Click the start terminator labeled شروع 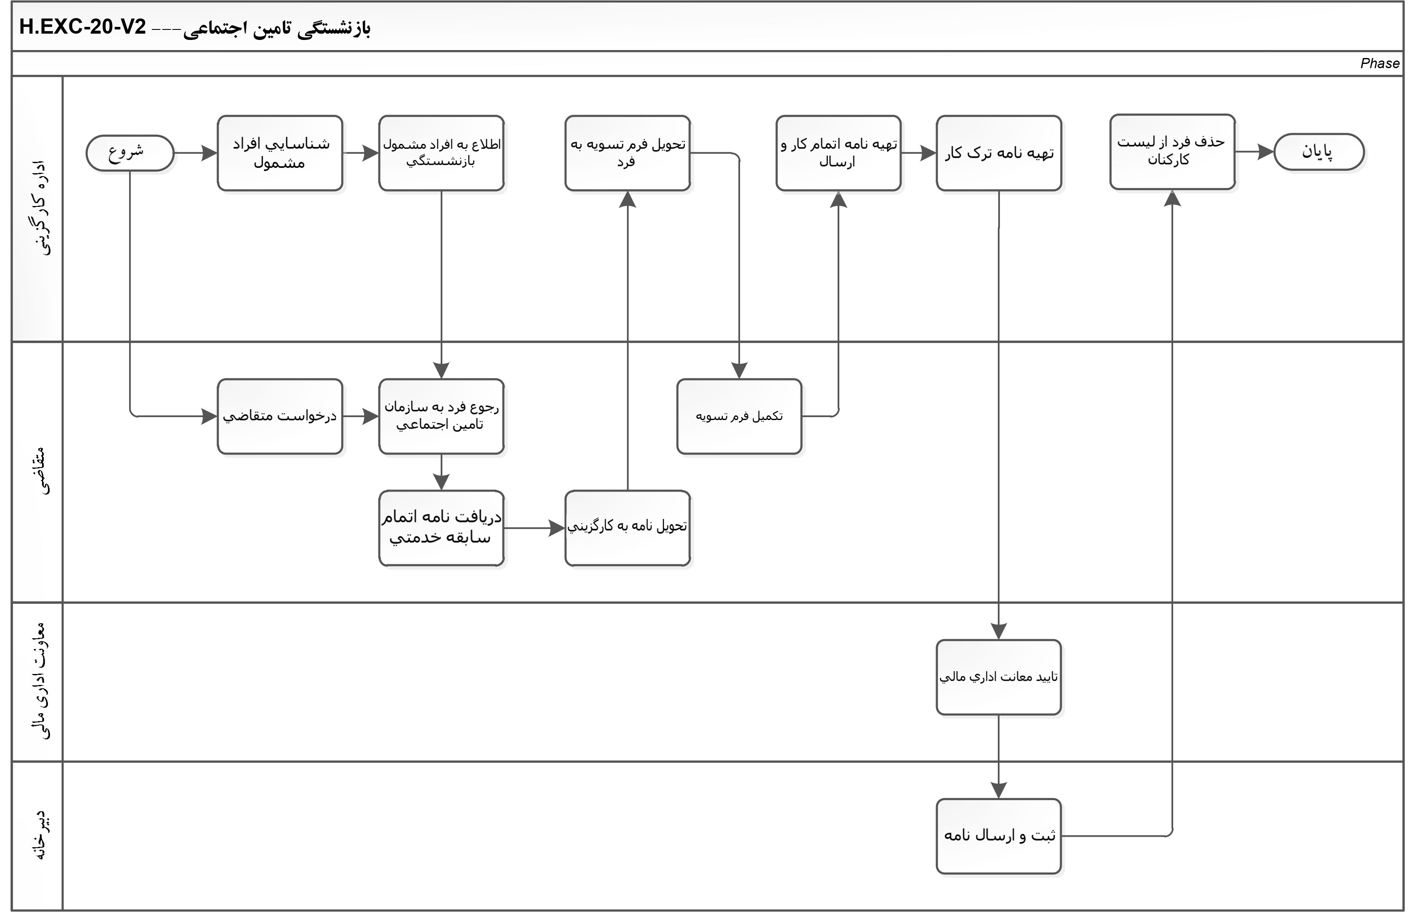[x=130, y=153]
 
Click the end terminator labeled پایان [x=1318, y=152]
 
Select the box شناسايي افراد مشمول [x=280, y=153]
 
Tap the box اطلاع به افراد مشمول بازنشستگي [x=441, y=153]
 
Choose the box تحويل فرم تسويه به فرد [x=627, y=153]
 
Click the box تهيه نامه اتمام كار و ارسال [x=838, y=153]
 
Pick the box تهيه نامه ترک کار [x=999, y=153]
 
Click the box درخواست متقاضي [x=280, y=416]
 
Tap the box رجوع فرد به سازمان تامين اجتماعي [x=441, y=416]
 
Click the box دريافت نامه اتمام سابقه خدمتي [x=441, y=528]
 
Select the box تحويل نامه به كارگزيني [x=627, y=528]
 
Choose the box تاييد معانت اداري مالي [x=999, y=677]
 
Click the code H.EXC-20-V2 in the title [x=83, y=27]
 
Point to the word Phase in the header [x=1380, y=63]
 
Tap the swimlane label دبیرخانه [x=39, y=835]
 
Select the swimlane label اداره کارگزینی [x=39, y=207]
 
